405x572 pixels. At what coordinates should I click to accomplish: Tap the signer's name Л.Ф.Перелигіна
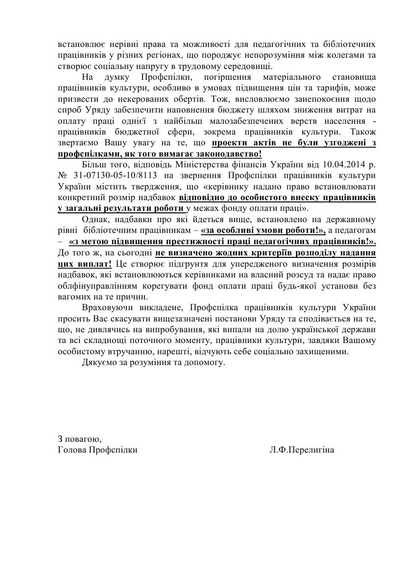[302, 450]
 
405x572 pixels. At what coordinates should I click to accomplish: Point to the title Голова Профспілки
[97, 450]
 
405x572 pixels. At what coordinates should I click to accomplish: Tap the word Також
[363, 132]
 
